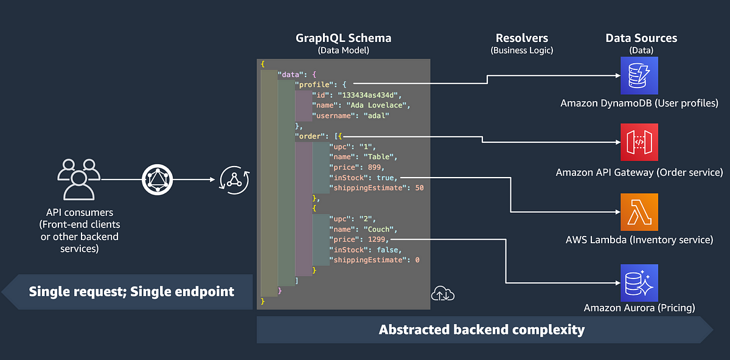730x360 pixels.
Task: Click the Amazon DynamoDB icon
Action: point(639,75)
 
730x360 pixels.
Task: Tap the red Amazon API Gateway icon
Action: point(639,142)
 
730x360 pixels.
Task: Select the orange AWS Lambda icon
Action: point(639,212)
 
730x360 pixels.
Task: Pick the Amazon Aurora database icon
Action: point(639,283)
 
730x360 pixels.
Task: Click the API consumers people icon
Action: point(79,179)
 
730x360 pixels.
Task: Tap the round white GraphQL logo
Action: point(157,179)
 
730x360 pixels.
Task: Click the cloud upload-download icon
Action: point(443,294)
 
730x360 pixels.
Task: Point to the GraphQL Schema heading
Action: point(344,38)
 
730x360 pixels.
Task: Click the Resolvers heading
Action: point(522,38)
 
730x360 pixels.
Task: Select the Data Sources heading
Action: point(641,38)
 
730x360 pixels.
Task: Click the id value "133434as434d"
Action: point(367,95)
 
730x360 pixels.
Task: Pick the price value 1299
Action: point(377,240)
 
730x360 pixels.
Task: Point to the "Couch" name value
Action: point(378,229)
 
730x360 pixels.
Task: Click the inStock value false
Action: point(388,250)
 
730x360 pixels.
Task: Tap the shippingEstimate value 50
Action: point(419,188)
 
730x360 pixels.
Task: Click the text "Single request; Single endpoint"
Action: point(131,291)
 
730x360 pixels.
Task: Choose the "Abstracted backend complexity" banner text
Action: point(482,330)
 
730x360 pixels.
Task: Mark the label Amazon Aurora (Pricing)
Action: point(639,308)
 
